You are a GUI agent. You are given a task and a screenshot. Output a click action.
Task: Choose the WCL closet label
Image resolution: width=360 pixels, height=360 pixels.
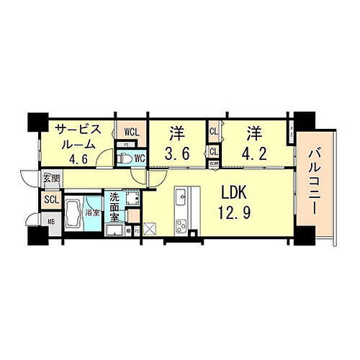(x=132, y=131)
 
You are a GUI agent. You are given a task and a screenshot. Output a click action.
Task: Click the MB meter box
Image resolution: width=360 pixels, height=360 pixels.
(x=50, y=222)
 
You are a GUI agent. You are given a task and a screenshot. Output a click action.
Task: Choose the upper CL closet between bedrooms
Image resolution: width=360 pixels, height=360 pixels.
(x=214, y=132)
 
